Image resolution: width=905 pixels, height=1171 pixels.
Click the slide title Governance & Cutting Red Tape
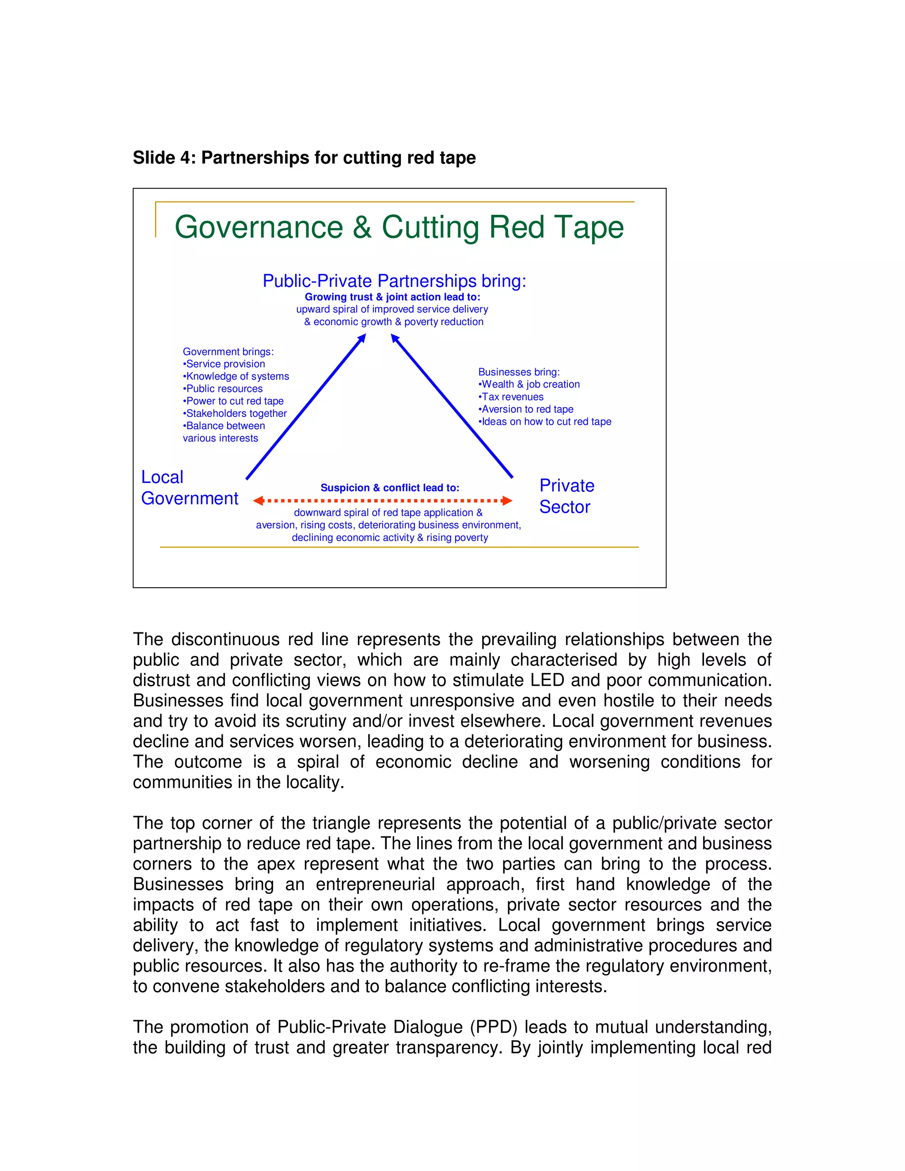click(x=399, y=227)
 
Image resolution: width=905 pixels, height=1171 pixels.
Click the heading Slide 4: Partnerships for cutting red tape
click(x=304, y=158)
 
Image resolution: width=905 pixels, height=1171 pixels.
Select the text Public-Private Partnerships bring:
click(x=394, y=281)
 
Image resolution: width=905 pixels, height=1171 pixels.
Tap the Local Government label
click(x=189, y=488)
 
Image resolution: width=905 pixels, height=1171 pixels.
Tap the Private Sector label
click(x=567, y=496)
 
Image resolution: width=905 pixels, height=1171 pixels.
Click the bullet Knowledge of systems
click(x=237, y=376)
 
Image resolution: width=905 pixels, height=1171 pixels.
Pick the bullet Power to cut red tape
click(x=234, y=401)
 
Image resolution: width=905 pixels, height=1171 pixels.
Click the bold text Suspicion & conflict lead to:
click(x=390, y=488)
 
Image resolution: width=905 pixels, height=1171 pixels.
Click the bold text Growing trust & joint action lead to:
click(x=392, y=297)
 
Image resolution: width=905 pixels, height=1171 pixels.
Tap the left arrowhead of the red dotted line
click(x=259, y=501)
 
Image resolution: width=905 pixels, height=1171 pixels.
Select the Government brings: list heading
click(x=228, y=352)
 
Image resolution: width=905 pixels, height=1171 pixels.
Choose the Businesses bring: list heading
click(x=518, y=372)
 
